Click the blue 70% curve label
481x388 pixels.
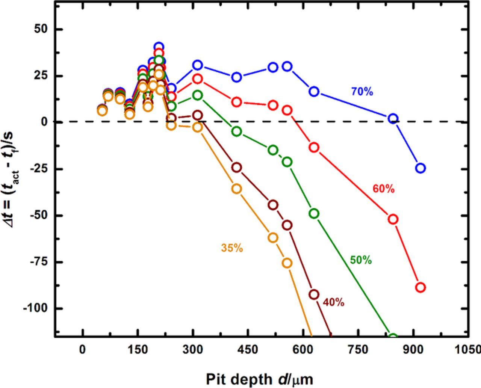pyautogui.click(x=362, y=92)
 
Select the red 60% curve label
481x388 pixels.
pyautogui.click(x=383, y=189)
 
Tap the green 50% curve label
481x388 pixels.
pyautogui.click(x=361, y=260)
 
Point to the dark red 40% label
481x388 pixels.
pyautogui.click(x=333, y=302)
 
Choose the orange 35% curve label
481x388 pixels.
pyautogui.click(x=232, y=248)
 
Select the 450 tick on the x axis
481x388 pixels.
pyautogui.click(x=248, y=350)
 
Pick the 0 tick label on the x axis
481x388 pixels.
pyautogui.click(x=82, y=350)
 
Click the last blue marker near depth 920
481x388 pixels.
pyautogui.click(x=420, y=168)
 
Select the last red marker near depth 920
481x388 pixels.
pyautogui.click(x=420, y=287)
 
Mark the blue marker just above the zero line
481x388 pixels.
pyautogui.click(x=393, y=119)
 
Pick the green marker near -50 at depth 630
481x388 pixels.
pyautogui.click(x=314, y=214)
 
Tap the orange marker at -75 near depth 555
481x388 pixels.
pyautogui.click(x=287, y=263)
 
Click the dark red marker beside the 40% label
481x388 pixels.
pyautogui.click(x=314, y=294)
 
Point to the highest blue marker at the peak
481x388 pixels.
pyautogui.click(x=159, y=47)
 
